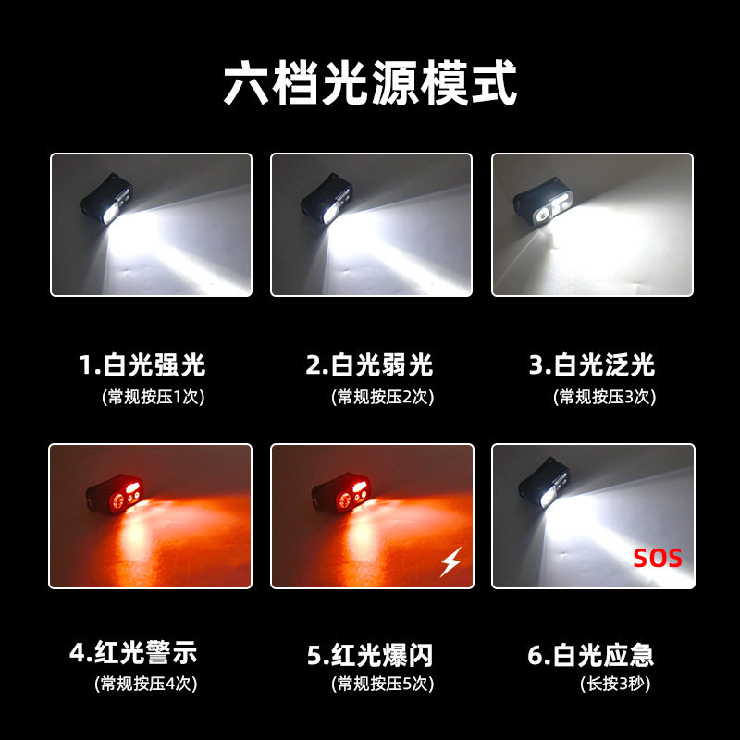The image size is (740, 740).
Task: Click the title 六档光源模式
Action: [x=370, y=83]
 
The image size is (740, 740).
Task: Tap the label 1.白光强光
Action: [x=142, y=364]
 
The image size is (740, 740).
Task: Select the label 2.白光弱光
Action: [x=370, y=364]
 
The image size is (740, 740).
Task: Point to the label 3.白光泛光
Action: [x=592, y=364]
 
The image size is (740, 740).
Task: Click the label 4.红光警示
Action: [x=134, y=655]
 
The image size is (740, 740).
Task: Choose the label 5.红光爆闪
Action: [x=370, y=655]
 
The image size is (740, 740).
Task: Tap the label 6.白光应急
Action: [x=592, y=655]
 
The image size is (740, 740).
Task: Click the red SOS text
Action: [x=658, y=558]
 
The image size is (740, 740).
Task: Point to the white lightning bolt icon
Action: [x=450, y=561]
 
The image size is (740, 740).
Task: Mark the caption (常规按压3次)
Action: [x=603, y=397]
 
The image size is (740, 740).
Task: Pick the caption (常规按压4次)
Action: [x=145, y=684]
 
